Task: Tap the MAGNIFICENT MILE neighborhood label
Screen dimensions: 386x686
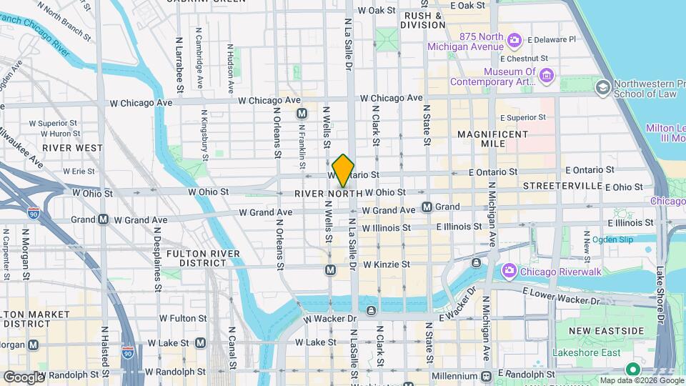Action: pos(492,139)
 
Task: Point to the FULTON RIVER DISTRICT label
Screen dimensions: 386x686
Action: pos(197,258)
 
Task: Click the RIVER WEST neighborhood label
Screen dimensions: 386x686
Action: pos(72,147)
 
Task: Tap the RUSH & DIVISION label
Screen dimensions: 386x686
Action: pos(423,19)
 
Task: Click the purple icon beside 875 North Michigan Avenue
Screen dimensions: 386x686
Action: pos(514,38)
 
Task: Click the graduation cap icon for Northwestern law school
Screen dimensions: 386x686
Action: pos(603,86)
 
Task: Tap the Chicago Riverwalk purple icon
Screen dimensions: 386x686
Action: pos(509,270)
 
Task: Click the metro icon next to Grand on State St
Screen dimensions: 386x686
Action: pos(427,207)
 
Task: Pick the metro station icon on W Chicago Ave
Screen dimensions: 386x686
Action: pos(302,114)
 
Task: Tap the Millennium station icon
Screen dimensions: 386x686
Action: pos(486,376)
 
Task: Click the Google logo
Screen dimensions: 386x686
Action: pos(24,377)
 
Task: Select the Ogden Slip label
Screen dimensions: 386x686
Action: pos(609,239)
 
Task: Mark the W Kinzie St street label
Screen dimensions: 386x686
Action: pos(385,264)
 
